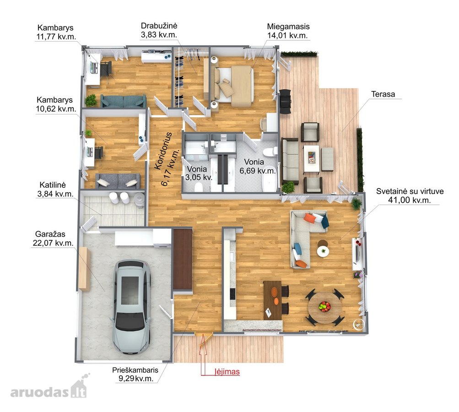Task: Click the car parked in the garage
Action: [133, 307]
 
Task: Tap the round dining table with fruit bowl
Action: [324, 308]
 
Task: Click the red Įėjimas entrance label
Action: [227, 372]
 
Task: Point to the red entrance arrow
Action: [203, 354]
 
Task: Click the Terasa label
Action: [383, 94]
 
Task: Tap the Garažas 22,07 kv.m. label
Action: [53, 239]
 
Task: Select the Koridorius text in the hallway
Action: [163, 151]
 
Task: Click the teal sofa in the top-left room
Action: [123, 101]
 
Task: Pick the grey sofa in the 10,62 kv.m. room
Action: [118, 181]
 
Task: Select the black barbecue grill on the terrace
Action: [285, 101]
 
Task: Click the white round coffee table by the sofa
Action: [323, 251]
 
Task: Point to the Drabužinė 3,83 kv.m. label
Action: [159, 30]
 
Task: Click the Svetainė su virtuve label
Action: [410, 195]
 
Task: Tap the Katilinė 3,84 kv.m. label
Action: [55, 189]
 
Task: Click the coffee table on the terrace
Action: [311, 159]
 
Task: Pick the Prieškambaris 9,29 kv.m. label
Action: [135, 374]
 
